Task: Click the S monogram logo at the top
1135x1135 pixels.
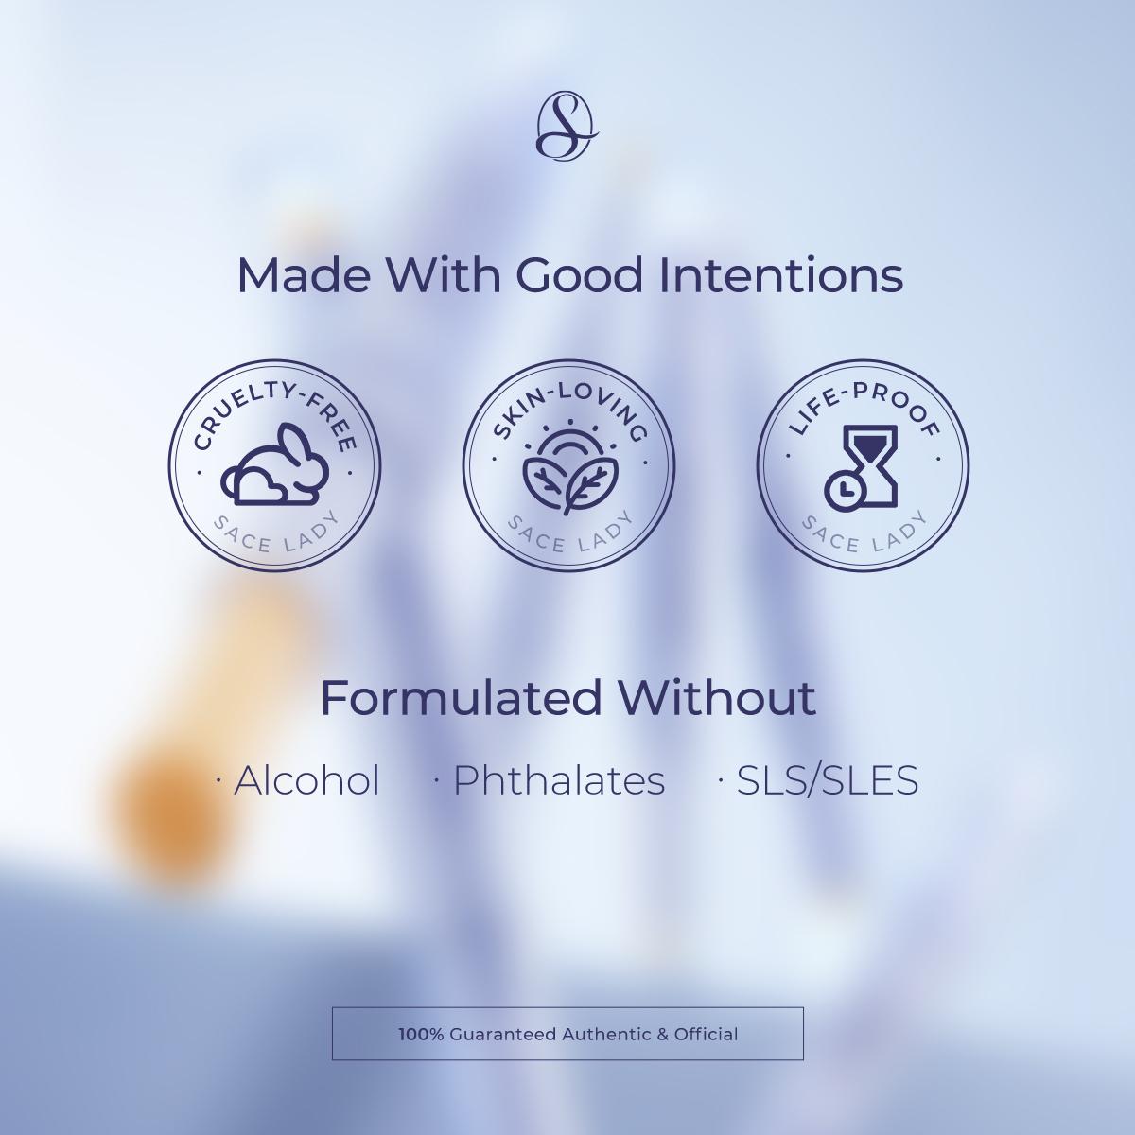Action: click(x=567, y=126)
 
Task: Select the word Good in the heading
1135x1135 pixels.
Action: click(x=579, y=275)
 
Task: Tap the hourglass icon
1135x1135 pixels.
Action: click(x=861, y=467)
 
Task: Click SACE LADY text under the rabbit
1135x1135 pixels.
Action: click(x=275, y=534)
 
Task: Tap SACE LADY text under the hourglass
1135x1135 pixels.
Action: click(x=864, y=534)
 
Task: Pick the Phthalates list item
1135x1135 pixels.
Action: click(x=550, y=780)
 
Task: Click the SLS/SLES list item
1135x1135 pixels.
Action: click(x=819, y=780)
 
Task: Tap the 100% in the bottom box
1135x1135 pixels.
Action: click(x=421, y=1035)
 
